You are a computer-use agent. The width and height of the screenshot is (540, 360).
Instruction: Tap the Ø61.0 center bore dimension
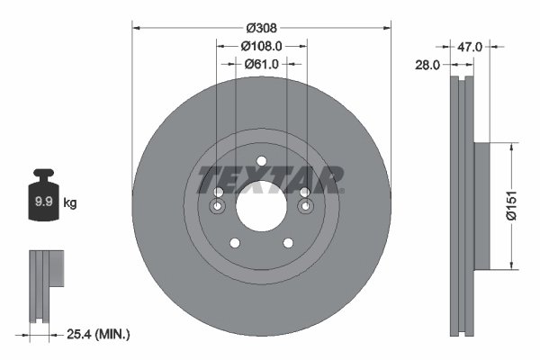click(x=262, y=64)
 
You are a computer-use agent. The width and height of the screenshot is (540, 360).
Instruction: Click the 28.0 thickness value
click(x=427, y=65)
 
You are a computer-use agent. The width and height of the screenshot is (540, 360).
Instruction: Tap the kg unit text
click(x=70, y=203)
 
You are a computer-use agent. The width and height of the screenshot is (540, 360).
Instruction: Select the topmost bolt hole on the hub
click(x=261, y=162)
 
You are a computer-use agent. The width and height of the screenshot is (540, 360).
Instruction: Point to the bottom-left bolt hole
click(x=235, y=243)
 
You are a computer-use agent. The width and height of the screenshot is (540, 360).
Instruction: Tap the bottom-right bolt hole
click(x=287, y=243)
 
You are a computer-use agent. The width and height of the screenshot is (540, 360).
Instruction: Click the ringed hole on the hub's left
click(x=219, y=209)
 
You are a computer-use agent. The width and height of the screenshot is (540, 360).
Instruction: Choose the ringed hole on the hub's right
click(x=304, y=209)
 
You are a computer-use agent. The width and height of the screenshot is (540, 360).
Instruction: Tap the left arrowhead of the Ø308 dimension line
click(x=136, y=26)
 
